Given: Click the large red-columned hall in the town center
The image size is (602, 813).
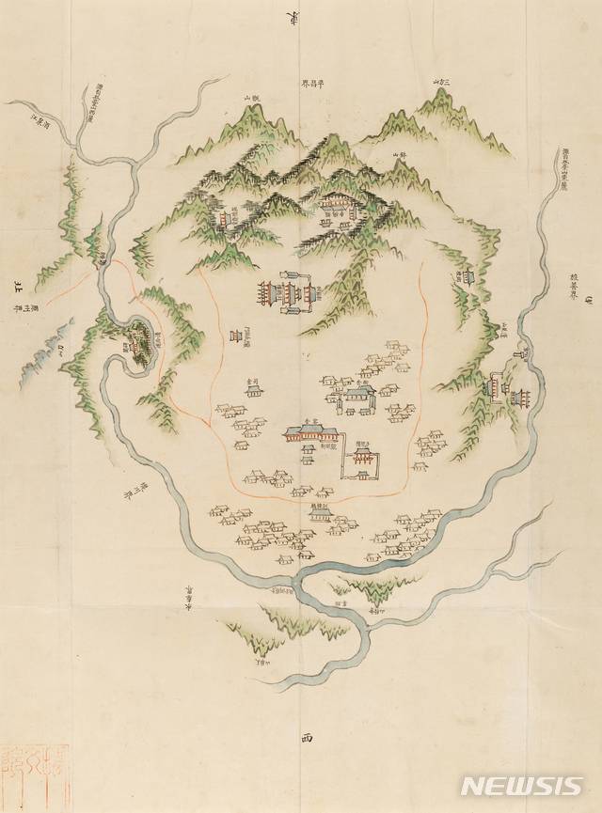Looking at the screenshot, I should pos(309,434).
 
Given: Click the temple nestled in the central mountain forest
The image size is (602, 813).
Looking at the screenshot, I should pos(337,205).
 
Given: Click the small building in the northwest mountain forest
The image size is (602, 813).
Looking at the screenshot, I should pos(225,218).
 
